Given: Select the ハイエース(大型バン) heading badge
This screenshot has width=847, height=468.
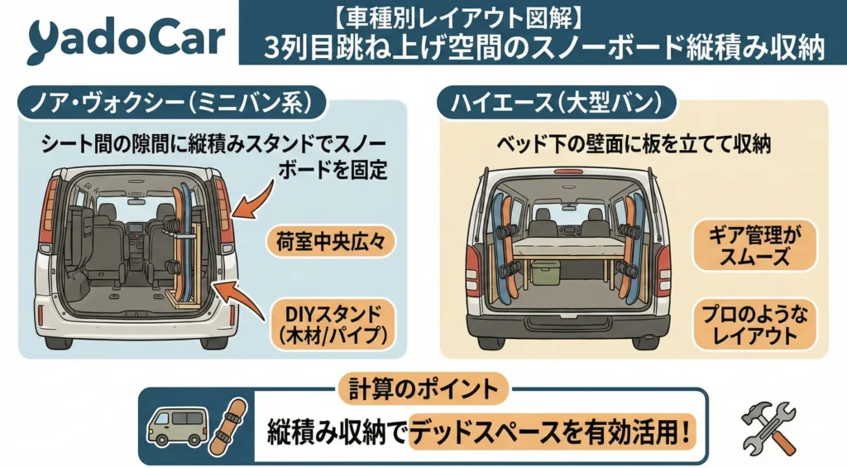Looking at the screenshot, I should (x=555, y=104).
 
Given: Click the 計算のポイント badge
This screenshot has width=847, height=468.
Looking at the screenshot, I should (x=422, y=387).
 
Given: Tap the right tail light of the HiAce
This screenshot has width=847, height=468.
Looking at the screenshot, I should (x=659, y=269).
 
